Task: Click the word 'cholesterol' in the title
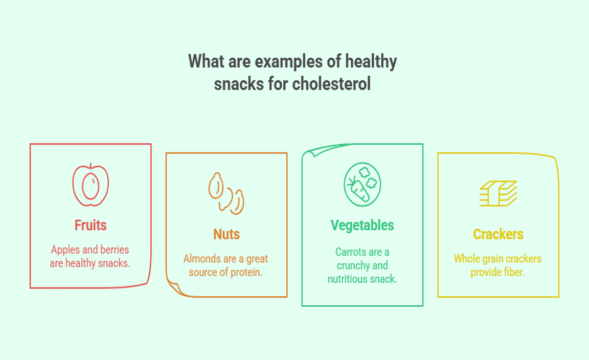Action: (x=331, y=83)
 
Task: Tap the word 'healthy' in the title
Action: (x=371, y=62)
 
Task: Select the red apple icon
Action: (x=90, y=185)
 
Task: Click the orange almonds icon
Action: (x=226, y=193)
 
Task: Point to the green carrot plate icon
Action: (x=363, y=185)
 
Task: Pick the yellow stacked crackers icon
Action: (x=498, y=193)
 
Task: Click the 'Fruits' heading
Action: (x=90, y=225)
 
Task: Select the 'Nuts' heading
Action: (x=226, y=234)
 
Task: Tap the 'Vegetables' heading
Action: (x=362, y=225)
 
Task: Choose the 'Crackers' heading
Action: (x=498, y=234)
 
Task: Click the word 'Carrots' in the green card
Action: (x=350, y=252)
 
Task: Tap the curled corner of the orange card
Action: (x=175, y=288)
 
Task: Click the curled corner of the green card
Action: (x=312, y=151)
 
